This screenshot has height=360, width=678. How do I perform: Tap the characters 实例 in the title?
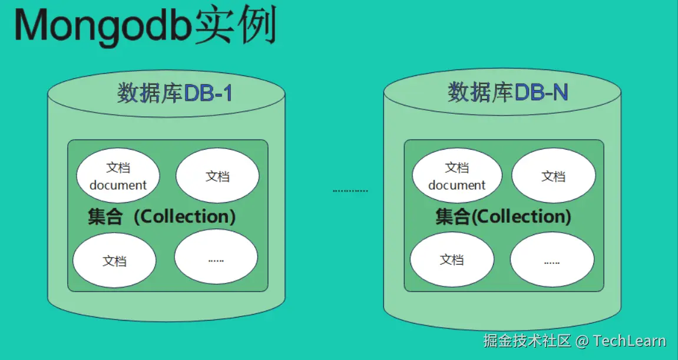click(x=236, y=27)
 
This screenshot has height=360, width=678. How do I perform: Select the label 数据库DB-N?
click(x=508, y=93)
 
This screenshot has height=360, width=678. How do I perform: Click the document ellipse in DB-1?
click(x=118, y=176)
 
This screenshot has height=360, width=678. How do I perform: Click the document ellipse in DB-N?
click(x=457, y=176)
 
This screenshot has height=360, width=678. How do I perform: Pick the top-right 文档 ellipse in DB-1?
click(x=217, y=176)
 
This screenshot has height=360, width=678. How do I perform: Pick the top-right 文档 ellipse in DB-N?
click(x=553, y=176)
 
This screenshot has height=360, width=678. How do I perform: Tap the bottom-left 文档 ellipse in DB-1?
click(x=114, y=260)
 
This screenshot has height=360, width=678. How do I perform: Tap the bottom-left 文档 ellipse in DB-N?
click(x=452, y=260)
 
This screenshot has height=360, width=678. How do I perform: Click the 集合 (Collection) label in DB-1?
click(x=161, y=216)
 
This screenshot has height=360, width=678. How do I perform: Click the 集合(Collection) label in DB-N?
click(x=503, y=216)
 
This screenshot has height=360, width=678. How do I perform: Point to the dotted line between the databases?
click(x=350, y=190)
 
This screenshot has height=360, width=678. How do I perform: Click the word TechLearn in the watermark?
click(x=629, y=341)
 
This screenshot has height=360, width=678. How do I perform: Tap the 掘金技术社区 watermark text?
click(x=528, y=341)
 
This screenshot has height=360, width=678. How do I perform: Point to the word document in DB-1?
click(x=118, y=185)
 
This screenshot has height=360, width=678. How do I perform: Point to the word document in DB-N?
click(x=457, y=185)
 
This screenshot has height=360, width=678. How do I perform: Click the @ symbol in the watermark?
click(x=582, y=341)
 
